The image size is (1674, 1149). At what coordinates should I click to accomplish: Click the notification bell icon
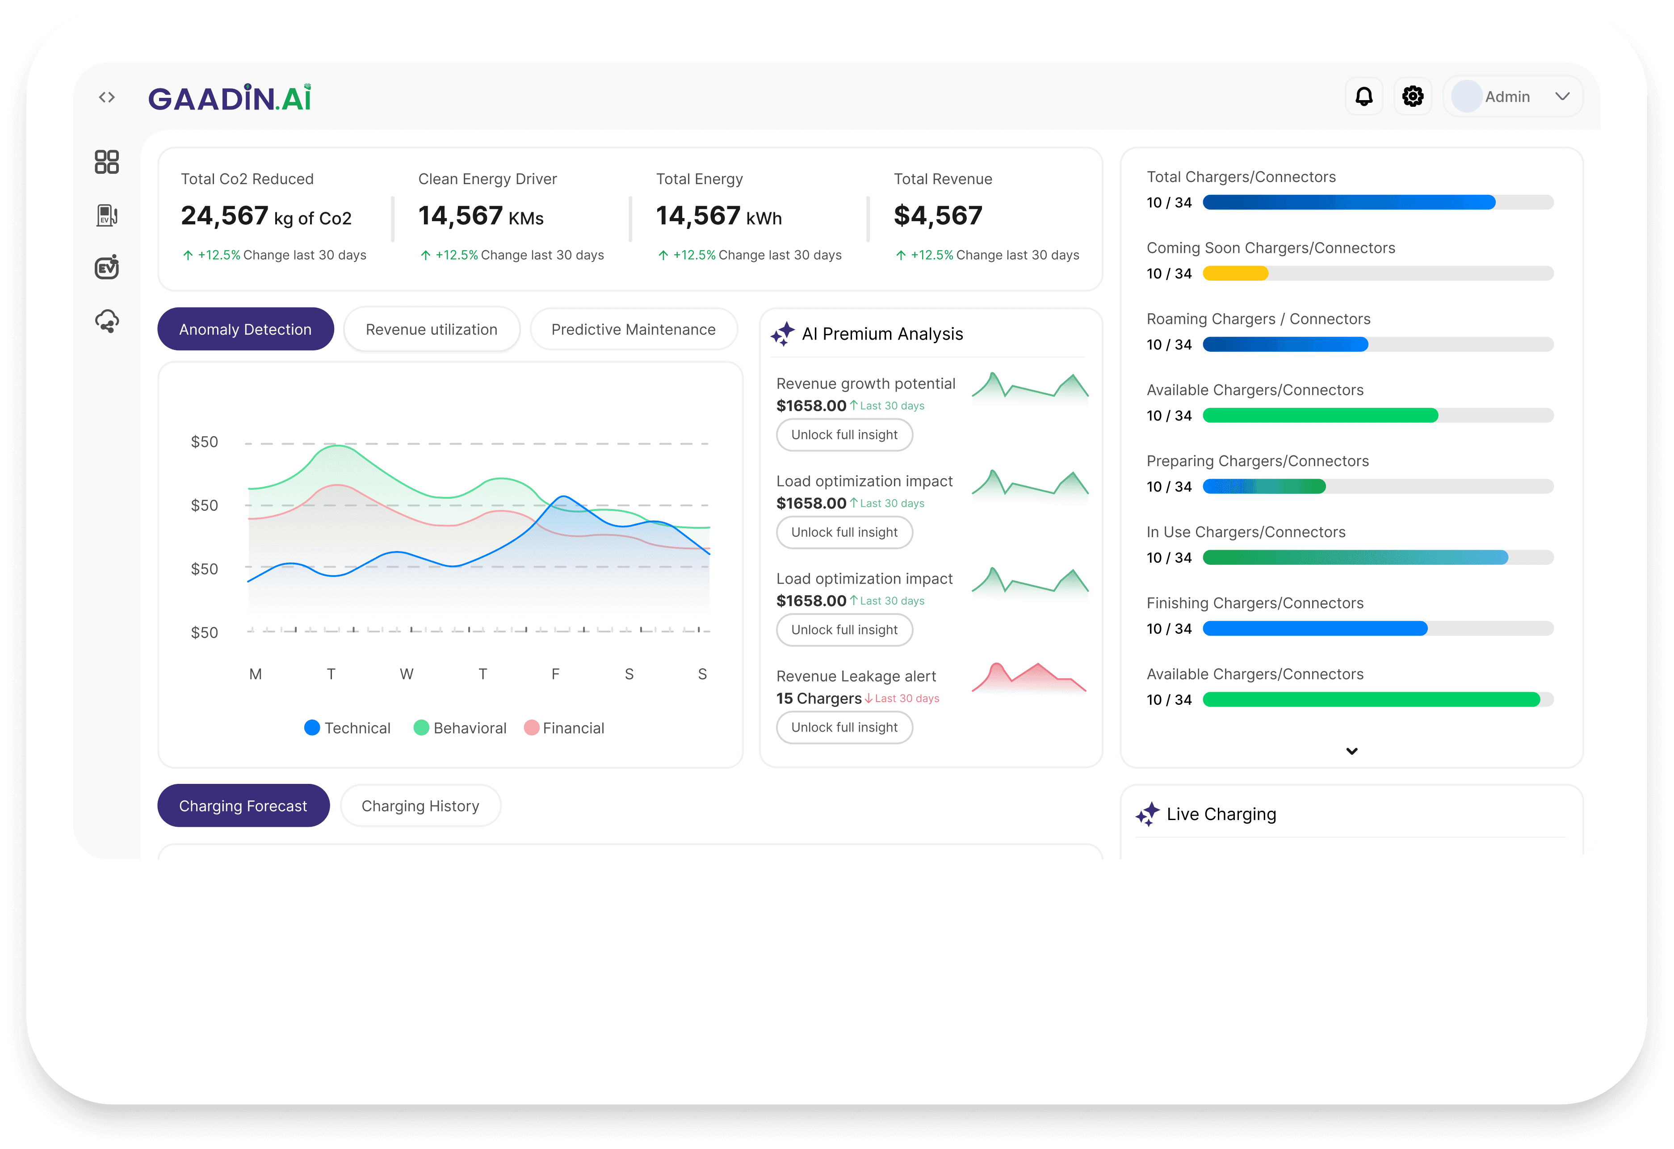click(x=1364, y=97)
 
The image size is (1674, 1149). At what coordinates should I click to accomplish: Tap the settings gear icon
click(x=1413, y=97)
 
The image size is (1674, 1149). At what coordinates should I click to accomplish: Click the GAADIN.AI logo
click(x=230, y=98)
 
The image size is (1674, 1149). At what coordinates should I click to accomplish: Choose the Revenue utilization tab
click(x=432, y=329)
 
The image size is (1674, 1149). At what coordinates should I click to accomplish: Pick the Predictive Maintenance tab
click(x=633, y=329)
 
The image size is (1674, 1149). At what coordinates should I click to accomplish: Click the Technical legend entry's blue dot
click(x=312, y=728)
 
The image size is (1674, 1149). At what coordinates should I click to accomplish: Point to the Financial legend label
click(x=573, y=728)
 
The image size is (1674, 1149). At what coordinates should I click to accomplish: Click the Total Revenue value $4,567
click(x=938, y=215)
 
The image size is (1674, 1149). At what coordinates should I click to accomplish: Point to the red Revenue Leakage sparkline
click(x=1029, y=677)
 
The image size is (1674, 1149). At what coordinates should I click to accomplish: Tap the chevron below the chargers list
click(x=1352, y=751)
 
